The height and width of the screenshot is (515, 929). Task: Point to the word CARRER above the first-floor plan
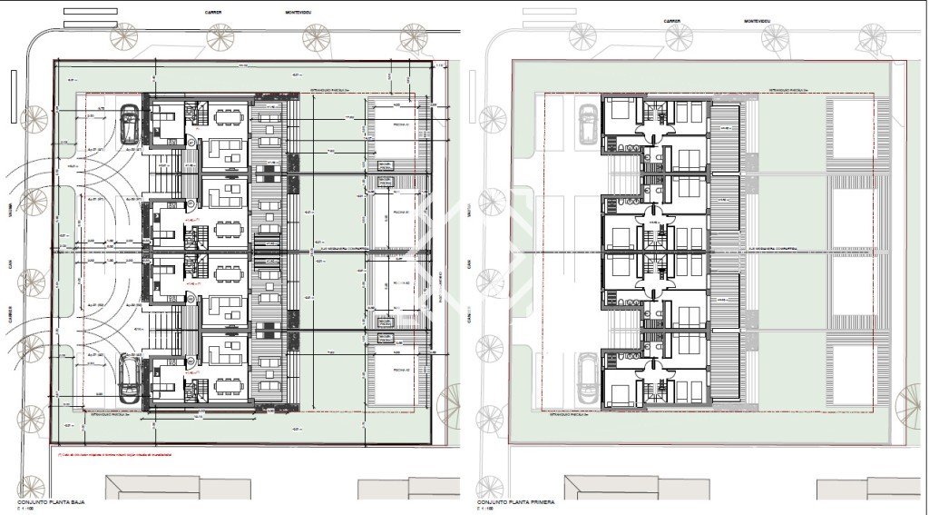point(672,20)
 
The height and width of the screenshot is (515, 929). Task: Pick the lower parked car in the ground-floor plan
point(129,379)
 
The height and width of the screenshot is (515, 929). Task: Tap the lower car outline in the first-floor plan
point(587,378)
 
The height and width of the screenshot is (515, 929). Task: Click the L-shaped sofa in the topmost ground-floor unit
point(227,147)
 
